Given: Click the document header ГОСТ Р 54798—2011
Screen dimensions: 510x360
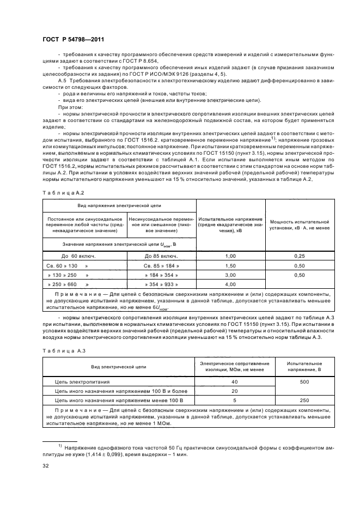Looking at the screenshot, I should pyautogui.click(x=73, y=39).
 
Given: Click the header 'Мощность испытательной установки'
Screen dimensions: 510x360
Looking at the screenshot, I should pyautogui.click(x=299, y=225).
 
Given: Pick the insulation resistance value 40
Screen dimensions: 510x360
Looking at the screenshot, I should pyautogui.click(x=234, y=382).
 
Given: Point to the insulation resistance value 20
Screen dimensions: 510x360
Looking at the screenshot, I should pyautogui.click(x=234, y=391).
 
